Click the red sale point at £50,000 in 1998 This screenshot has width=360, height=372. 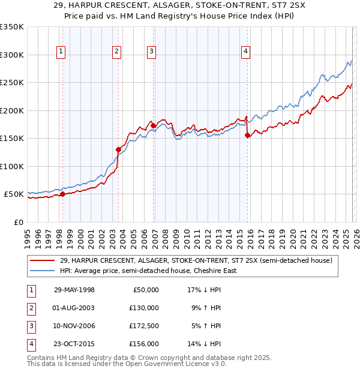(62, 194)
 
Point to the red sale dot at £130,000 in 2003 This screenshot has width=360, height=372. (118, 149)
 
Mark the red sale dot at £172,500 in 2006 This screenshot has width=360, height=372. (153, 125)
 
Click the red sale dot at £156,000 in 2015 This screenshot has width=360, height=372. (248, 135)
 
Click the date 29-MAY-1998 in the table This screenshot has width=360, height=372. (74, 290)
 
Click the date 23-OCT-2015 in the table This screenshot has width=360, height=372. (74, 344)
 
